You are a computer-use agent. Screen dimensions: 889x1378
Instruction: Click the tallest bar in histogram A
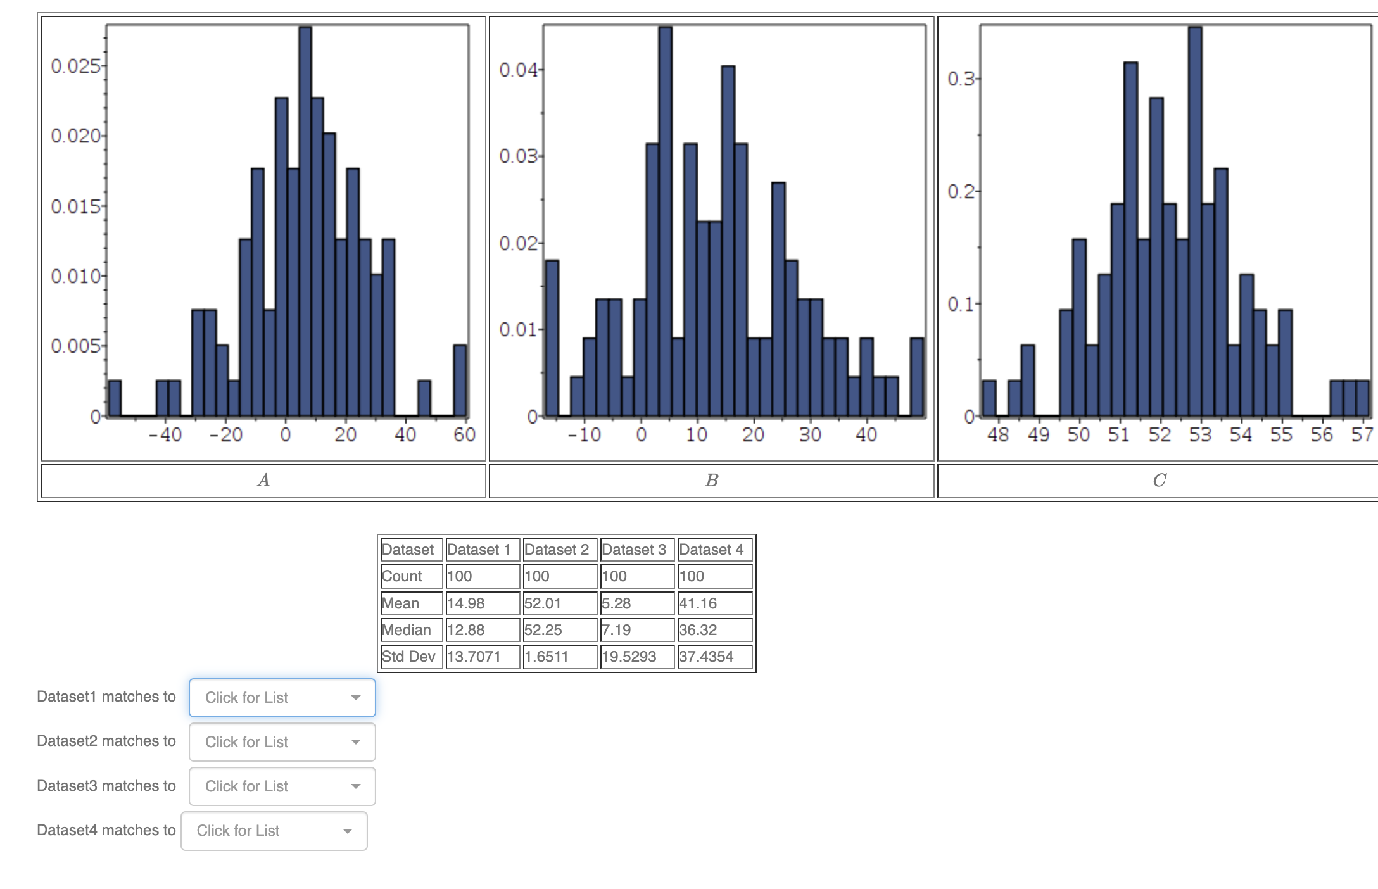tap(305, 222)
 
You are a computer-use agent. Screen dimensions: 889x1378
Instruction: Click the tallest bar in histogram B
tap(665, 222)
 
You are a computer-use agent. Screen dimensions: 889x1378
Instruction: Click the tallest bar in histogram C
tap(1195, 222)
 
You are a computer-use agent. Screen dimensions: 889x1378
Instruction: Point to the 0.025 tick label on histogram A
tap(75, 66)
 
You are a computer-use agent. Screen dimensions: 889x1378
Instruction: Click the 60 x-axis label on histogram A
tap(464, 434)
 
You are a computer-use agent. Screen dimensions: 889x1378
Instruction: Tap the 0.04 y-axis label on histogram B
tap(517, 70)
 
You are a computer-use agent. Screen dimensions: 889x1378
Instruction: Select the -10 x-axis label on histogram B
tap(584, 434)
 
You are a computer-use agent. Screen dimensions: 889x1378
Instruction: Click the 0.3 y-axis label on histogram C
tap(960, 79)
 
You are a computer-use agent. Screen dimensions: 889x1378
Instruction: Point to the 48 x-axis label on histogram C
tap(998, 434)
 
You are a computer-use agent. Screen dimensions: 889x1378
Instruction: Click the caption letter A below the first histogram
tap(263, 481)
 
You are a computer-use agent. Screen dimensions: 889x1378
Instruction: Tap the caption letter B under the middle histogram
tap(712, 481)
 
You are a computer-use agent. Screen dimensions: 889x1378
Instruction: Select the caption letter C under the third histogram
tap(1160, 481)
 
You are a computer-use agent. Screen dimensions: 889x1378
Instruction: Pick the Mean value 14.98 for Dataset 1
tap(466, 603)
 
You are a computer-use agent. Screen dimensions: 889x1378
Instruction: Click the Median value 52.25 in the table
tap(543, 630)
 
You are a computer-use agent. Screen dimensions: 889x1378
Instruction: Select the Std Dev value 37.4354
tap(706, 657)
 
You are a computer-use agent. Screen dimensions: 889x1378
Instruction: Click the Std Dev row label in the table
tap(408, 657)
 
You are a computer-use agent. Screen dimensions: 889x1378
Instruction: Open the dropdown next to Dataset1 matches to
tap(282, 698)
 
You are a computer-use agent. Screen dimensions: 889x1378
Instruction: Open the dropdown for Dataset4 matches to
tap(274, 831)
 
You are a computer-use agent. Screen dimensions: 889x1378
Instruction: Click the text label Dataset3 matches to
tap(106, 786)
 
